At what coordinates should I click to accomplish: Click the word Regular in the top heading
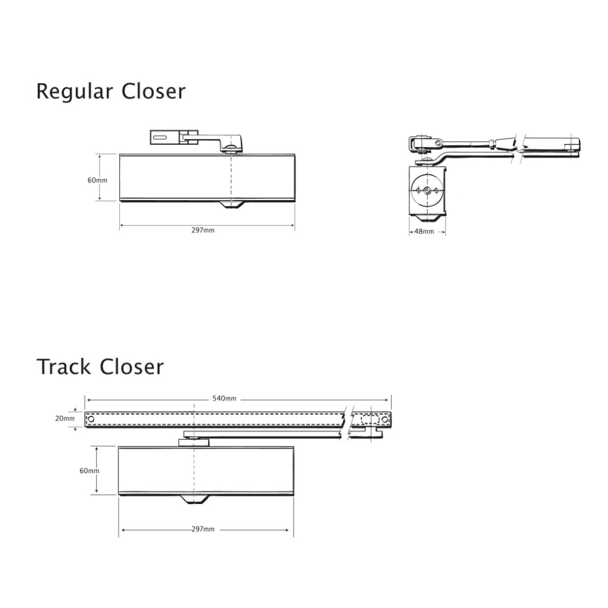tap(75, 92)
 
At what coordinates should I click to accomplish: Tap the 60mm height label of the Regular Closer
tap(97, 181)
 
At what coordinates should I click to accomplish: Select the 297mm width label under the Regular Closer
tap(202, 230)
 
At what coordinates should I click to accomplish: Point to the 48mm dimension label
tap(424, 232)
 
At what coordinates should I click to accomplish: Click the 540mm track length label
tap(224, 399)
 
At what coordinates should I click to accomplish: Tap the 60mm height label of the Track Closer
tap(89, 471)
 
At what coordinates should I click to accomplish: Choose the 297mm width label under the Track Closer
tap(202, 530)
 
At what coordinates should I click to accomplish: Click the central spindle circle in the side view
tap(428, 191)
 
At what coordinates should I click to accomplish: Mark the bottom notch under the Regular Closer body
tap(232, 205)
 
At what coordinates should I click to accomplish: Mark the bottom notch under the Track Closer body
tap(195, 500)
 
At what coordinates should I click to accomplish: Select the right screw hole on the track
tap(384, 420)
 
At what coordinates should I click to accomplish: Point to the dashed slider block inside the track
tap(368, 420)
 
